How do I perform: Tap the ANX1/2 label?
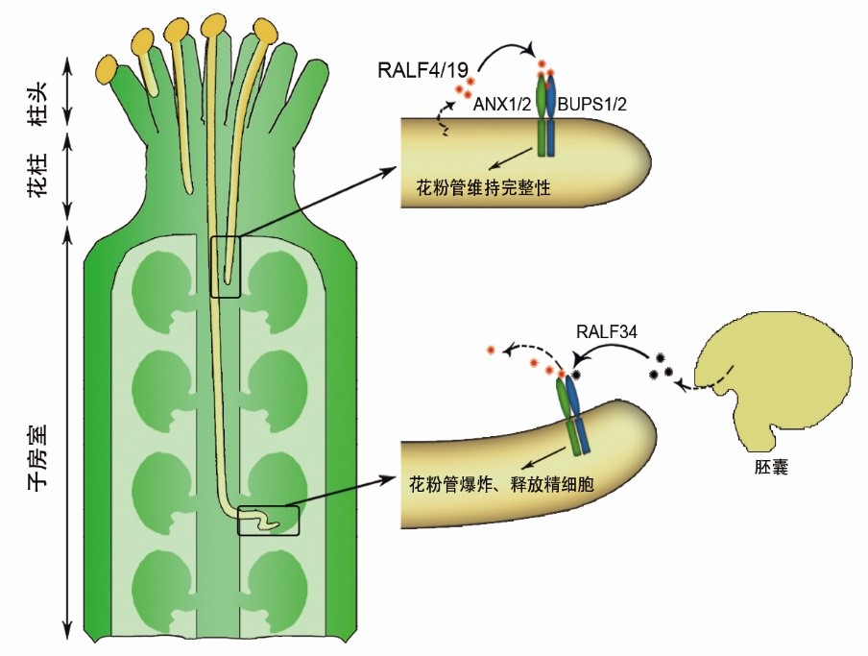tap(503, 105)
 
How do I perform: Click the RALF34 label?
tap(602, 332)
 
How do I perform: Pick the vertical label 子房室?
tap(38, 458)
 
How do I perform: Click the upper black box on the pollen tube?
tap(225, 266)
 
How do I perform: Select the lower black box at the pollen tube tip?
tap(268, 521)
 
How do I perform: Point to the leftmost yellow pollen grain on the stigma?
tap(108, 69)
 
